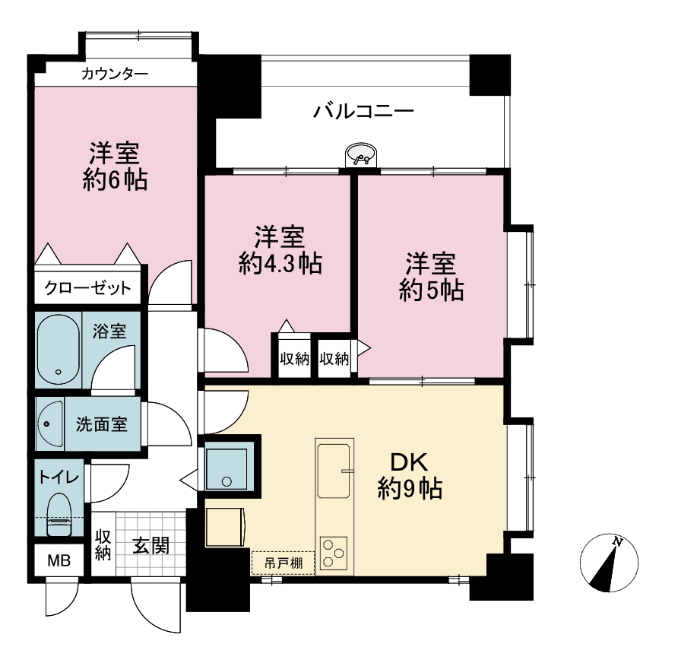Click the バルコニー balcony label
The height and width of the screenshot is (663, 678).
(x=363, y=111)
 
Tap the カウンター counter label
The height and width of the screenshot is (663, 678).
(x=115, y=74)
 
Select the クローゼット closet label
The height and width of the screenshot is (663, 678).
(x=87, y=287)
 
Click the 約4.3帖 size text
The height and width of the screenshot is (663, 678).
(x=280, y=263)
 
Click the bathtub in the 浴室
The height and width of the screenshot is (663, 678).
(x=59, y=349)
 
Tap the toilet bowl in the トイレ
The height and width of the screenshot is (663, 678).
(x=59, y=515)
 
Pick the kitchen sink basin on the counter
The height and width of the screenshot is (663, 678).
(x=334, y=471)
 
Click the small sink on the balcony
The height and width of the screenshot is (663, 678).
(x=361, y=155)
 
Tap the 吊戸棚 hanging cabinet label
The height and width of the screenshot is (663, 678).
(x=284, y=563)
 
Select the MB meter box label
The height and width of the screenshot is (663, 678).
(x=59, y=561)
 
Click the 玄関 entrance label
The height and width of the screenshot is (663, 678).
(x=150, y=545)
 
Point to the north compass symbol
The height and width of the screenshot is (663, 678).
(x=609, y=563)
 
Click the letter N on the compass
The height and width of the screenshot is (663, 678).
(x=617, y=541)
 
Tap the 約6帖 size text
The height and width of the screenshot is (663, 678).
(x=115, y=180)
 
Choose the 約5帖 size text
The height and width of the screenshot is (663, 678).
(x=431, y=290)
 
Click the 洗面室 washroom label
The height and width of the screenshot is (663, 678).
(x=102, y=424)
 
